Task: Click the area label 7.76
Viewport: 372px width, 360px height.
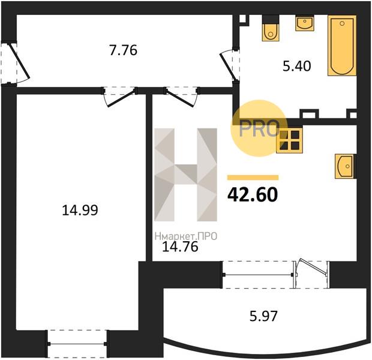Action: coord(123,50)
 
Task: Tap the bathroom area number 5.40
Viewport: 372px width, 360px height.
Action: coord(297,66)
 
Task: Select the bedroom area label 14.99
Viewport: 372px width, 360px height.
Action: coord(80,210)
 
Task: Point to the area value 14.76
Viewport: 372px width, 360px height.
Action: coord(180,247)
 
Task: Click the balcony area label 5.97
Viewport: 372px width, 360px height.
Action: coord(263,316)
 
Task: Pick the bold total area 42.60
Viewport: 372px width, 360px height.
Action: coord(253,194)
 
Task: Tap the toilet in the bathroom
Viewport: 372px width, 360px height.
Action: coord(271,28)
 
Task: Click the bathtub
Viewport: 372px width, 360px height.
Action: coord(342,46)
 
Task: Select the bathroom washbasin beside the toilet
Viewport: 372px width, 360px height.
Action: coord(305,23)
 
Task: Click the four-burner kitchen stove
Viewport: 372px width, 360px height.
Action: coord(289,140)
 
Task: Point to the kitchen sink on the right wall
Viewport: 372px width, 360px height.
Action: coord(344,166)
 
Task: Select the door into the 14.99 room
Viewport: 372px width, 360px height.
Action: coord(120,97)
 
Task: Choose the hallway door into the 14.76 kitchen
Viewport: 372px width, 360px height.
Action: coord(181,97)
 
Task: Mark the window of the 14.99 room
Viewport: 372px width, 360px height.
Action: coord(77,344)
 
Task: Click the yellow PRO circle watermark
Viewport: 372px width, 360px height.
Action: coord(259,128)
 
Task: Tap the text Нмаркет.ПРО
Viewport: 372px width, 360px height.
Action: coord(186,236)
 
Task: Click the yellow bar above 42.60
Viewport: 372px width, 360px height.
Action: coord(253,178)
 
